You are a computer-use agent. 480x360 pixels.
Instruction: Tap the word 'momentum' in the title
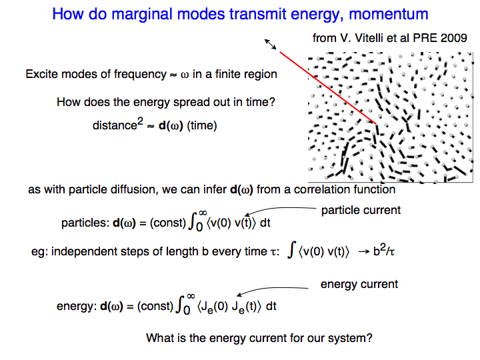(389, 15)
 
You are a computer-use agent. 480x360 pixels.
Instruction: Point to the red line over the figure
(328, 88)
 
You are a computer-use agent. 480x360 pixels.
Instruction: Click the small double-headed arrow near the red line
(270, 44)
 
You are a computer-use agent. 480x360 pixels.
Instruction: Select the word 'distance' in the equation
(115, 125)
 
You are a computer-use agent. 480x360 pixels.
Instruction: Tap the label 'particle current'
(361, 210)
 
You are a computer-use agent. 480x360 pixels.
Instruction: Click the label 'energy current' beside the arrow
(359, 285)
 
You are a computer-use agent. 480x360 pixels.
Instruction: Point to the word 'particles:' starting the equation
(85, 223)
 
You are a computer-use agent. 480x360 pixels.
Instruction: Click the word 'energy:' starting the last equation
(77, 306)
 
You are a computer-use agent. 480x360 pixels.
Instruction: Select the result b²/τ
(384, 251)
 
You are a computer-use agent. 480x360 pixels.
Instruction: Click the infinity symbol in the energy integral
(191, 296)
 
